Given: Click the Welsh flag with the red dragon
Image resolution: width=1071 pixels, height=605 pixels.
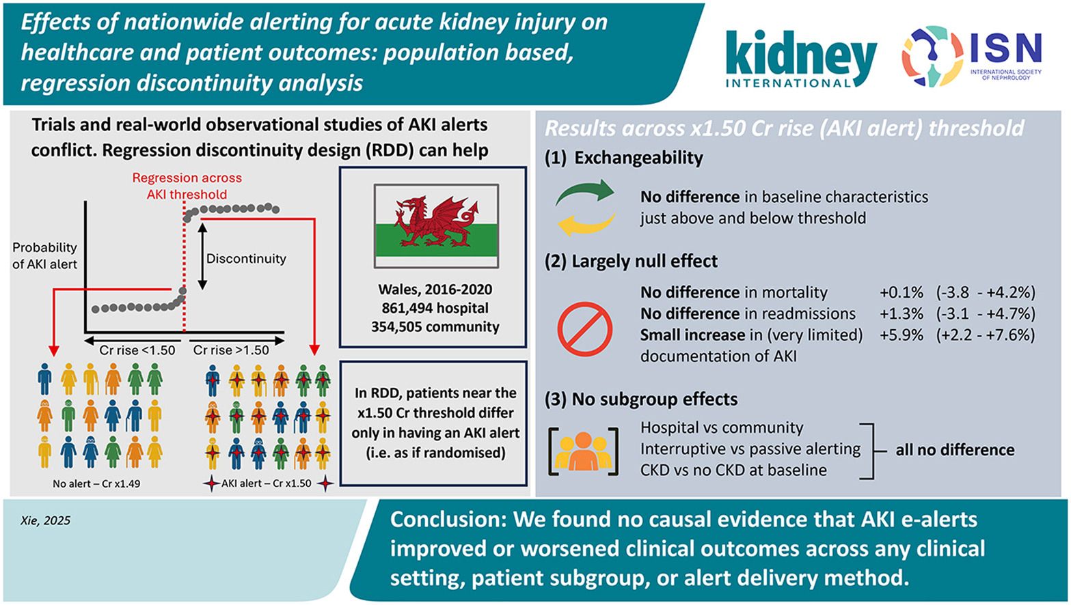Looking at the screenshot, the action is pyautogui.click(x=436, y=226).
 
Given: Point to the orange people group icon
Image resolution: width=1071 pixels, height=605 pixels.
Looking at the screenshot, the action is pyautogui.click(x=583, y=451).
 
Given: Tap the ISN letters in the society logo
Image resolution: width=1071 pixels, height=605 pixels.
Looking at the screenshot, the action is pyautogui.click(x=1006, y=48).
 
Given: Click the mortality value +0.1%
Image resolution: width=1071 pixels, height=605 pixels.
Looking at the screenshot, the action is pyautogui.click(x=901, y=292).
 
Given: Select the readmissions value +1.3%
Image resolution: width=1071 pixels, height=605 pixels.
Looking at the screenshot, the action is pyautogui.click(x=901, y=313).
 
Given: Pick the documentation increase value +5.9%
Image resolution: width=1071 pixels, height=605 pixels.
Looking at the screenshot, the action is pyautogui.click(x=901, y=335).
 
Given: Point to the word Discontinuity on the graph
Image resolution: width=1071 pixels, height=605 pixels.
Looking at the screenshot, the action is pyautogui.click(x=246, y=259).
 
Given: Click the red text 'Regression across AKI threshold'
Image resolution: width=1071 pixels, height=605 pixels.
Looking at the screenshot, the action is pyautogui.click(x=187, y=186).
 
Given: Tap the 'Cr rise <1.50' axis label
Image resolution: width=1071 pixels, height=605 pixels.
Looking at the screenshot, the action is pyautogui.click(x=137, y=350).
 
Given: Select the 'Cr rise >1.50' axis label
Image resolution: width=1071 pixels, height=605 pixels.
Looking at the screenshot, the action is pyautogui.click(x=231, y=350).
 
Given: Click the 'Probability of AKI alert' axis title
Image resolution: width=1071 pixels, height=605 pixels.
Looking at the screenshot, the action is pyautogui.click(x=45, y=256).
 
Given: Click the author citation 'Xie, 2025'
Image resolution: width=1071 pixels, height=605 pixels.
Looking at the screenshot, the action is pyautogui.click(x=45, y=520).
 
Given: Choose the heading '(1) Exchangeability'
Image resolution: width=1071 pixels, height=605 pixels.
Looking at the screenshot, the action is pyautogui.click(x=624, y=158).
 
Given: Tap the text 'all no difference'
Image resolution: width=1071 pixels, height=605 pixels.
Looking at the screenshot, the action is pyautogui.click(x=955, y=450).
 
